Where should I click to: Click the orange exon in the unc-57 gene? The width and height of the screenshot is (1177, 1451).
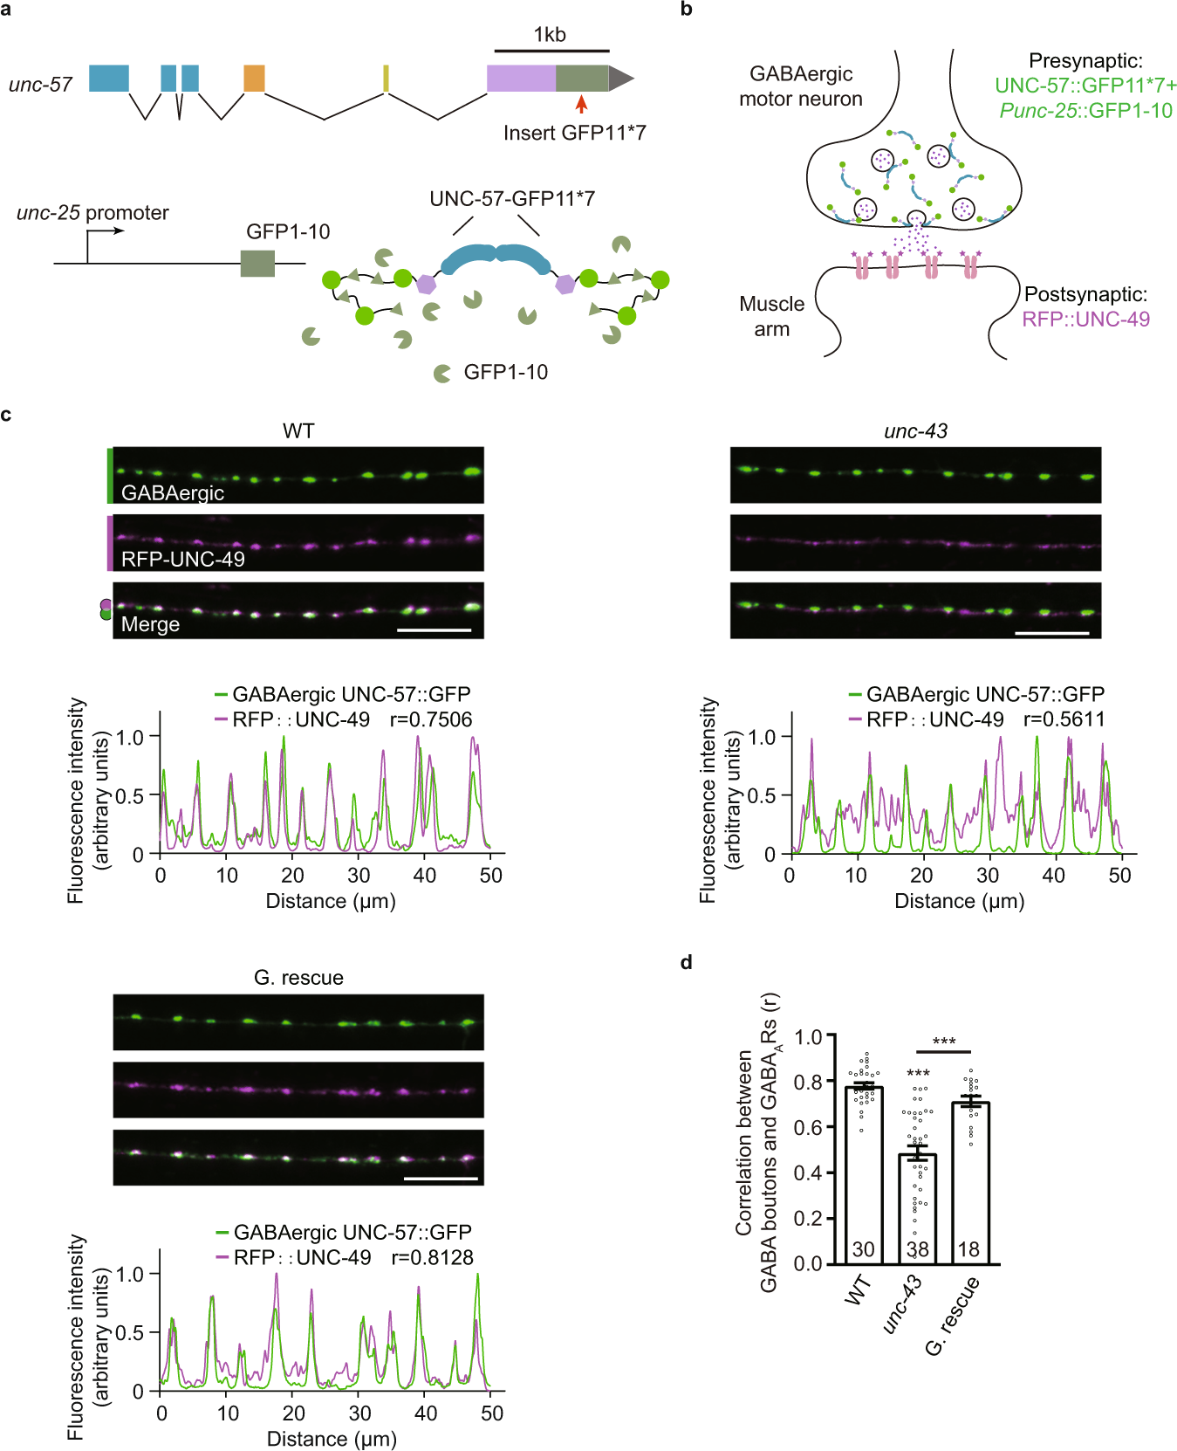(254, 79)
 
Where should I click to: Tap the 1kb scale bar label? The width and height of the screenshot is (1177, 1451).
(550, 35)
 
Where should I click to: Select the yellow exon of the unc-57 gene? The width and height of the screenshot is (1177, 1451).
(386, 79)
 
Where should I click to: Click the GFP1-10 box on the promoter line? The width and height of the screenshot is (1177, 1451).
(257, 263)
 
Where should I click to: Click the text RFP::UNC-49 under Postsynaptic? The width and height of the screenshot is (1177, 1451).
(1085, 320)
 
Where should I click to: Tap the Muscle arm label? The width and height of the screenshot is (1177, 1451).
(771, 316)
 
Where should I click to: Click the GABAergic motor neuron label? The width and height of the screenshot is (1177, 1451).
(800, 86)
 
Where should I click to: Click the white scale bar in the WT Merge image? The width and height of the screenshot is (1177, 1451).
(434, 629)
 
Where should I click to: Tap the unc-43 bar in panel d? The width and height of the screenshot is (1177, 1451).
(917, 1209)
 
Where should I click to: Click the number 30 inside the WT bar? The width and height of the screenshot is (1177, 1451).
(863, 1249)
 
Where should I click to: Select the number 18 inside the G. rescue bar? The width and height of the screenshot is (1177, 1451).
(968, 1249)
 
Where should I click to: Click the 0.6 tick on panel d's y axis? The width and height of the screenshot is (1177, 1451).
(808, 1127)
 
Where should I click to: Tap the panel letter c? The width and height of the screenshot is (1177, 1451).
(6, 415)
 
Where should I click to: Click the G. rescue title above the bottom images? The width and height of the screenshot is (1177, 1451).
(298, 978)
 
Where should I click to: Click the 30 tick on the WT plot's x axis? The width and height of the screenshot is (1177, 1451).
(359, 876)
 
